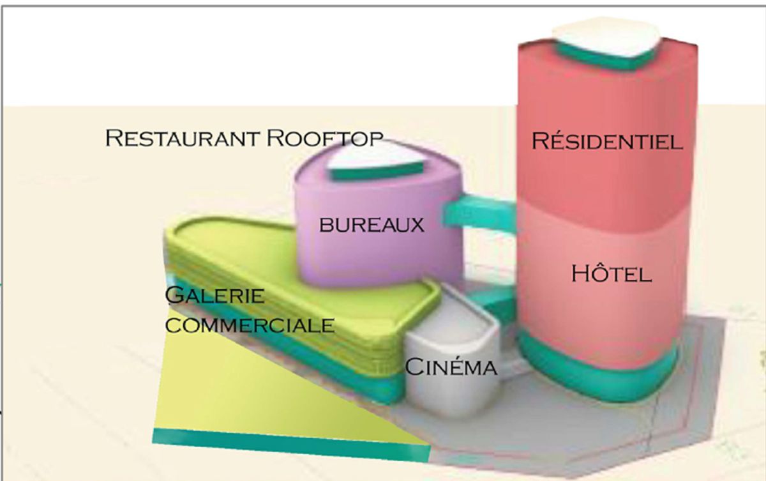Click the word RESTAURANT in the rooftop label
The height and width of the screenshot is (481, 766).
(x=182, y=138)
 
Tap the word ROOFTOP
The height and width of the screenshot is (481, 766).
(x=324, y=138)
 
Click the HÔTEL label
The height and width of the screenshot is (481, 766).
(x=612, y=273)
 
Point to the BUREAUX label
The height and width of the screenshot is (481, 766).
(x=372, y=225)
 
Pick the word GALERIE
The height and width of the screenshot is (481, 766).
(x=214, y=295)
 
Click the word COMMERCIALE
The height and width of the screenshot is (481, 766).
(x=250, y=325)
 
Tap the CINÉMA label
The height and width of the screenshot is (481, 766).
(x=451, y=367)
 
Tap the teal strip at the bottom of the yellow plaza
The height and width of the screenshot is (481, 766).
(x=290, y=445)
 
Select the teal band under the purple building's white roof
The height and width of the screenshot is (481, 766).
(x=376, y=172)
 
